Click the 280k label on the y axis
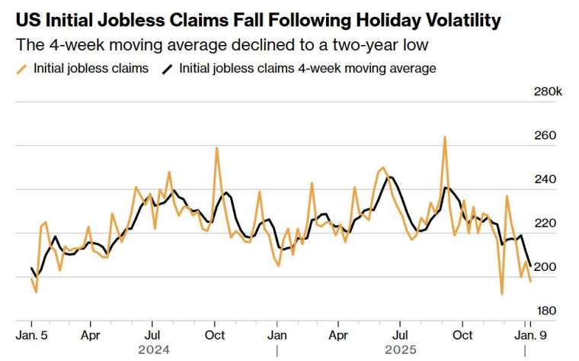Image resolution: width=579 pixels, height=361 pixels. tap(547, 92)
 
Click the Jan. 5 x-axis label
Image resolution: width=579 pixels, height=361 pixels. tap(31, 335)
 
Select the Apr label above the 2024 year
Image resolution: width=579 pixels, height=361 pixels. tap(91, 335)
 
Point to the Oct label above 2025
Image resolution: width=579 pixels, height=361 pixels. tap(462, 335)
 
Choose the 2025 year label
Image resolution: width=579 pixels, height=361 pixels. tap(400, 350)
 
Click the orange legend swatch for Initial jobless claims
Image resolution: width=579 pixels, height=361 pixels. tap(22, 69)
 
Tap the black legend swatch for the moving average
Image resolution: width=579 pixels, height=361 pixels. tap(167, 69)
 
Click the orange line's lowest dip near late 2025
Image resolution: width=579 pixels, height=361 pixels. tap(501, 294)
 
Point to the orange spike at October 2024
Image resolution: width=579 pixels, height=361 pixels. tap(216, 148)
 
